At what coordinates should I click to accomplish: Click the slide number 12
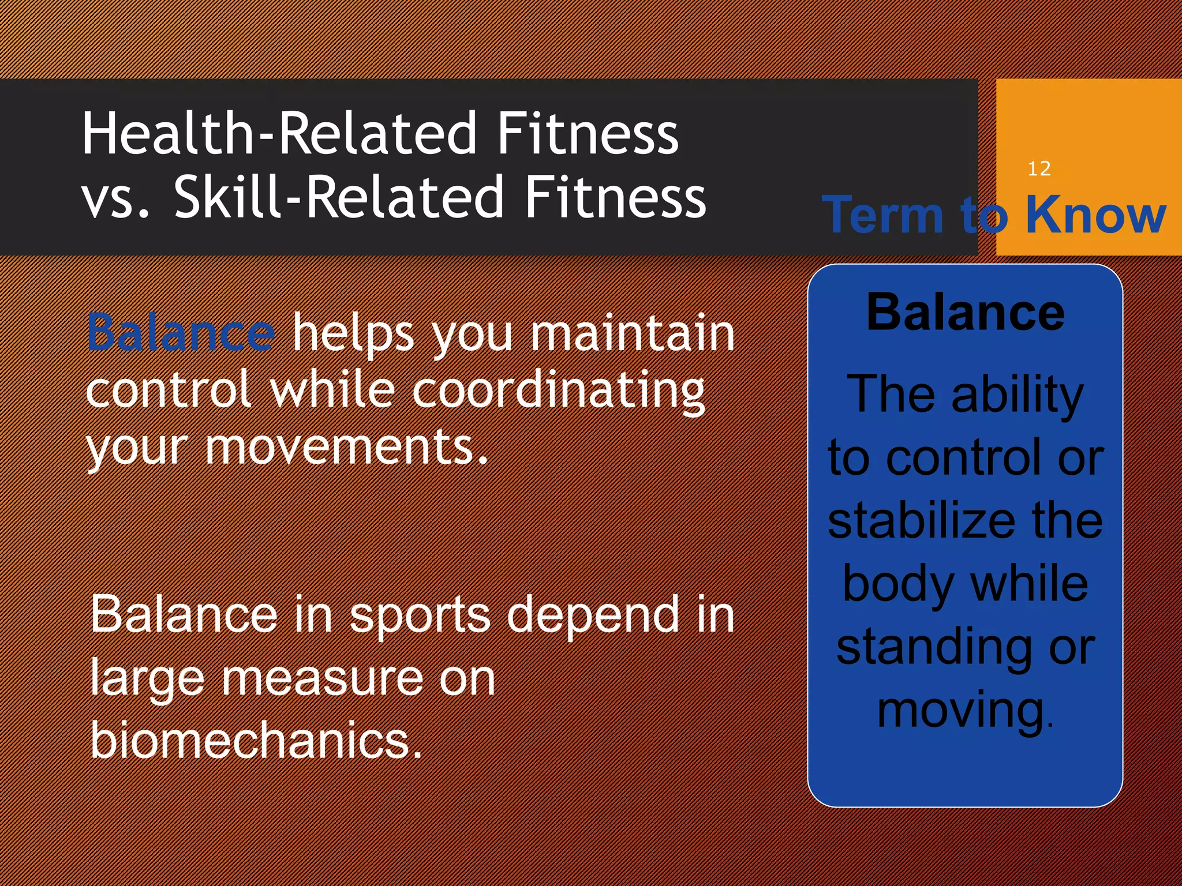(x=1039, y=168)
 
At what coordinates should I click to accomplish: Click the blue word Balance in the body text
(x=181, y=333)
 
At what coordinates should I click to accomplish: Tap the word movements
(x=346, y=448)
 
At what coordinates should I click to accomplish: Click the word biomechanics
(x=256, y=741)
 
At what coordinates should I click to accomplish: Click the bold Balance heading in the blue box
(x=965, y=313)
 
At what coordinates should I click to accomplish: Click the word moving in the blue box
(x=961, y=711)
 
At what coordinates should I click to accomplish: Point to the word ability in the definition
(x=1017, y=396)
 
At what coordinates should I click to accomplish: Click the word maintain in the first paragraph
(x=632, y=333)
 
